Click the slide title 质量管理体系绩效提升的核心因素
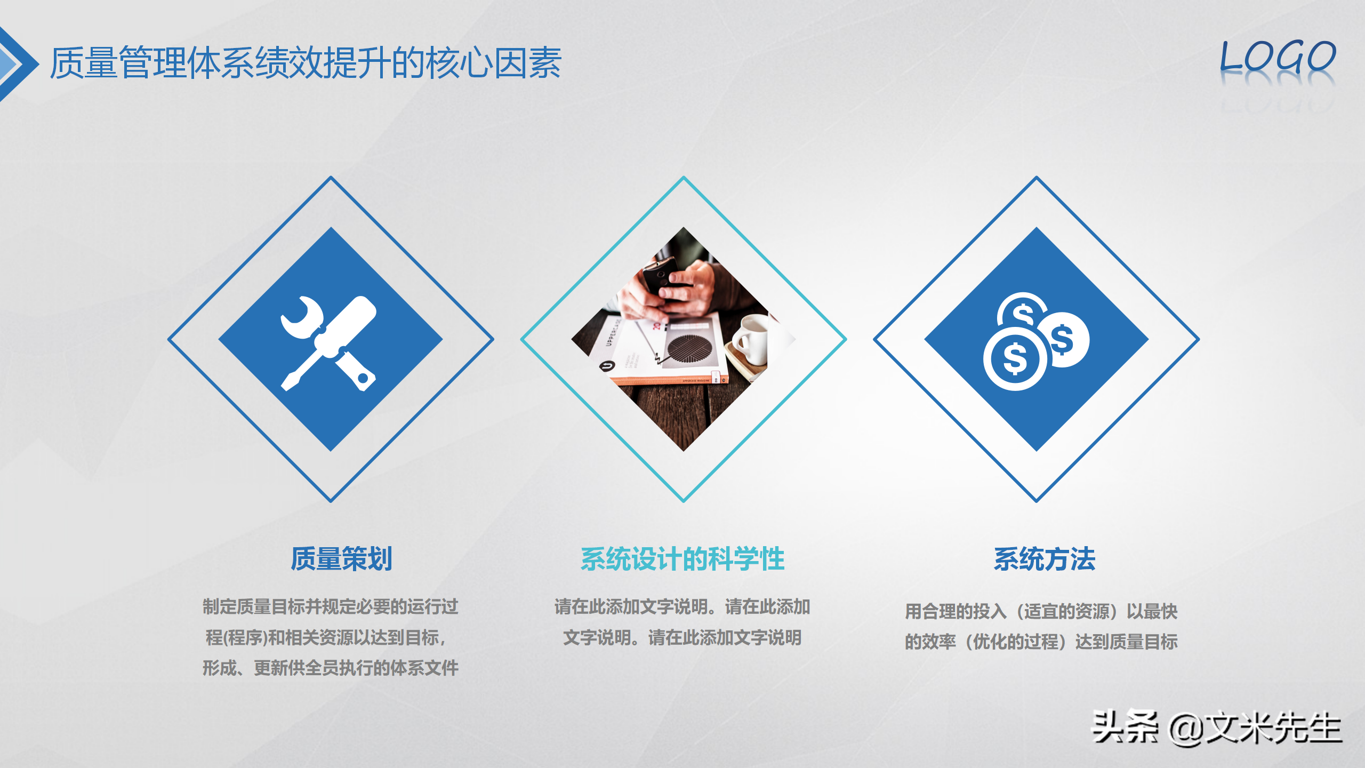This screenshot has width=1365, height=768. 305,63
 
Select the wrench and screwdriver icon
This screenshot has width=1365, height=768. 330,342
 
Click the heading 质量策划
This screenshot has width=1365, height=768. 341,559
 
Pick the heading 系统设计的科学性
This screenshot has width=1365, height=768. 682,559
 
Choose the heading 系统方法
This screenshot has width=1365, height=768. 1044,559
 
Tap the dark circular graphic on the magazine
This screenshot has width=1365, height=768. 689,350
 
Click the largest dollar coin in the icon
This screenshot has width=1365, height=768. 1014,358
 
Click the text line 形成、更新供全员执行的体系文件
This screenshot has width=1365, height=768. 331,668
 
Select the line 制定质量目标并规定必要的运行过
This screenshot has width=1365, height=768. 331,606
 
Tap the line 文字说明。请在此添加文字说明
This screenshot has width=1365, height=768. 682,637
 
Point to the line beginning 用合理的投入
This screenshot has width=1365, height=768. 1041,611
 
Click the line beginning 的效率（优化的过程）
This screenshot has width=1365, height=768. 1041,642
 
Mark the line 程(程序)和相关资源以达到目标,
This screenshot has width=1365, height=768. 326,637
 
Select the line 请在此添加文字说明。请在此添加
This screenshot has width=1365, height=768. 682,606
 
